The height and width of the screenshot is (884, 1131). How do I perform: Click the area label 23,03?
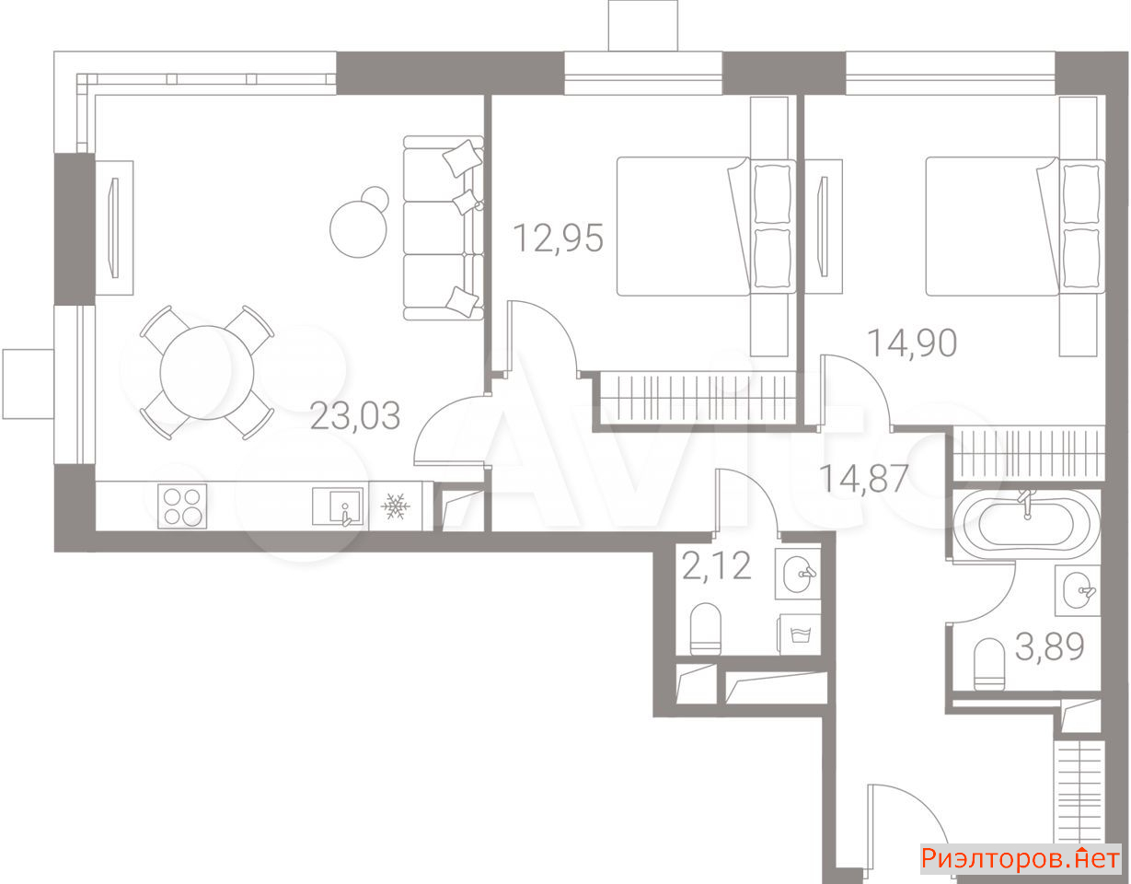pos(355,415)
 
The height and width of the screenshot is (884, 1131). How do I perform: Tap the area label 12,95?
pos(559,238)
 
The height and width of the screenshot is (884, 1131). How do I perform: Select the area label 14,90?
pos(913,343)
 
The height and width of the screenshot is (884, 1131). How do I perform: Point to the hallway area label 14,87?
pos(864,479)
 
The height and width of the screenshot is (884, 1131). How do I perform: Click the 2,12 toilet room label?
pos(717,566)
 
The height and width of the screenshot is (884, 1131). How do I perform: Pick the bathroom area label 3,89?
pos(1050,646)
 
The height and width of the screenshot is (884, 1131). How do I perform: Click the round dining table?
pos(207,373)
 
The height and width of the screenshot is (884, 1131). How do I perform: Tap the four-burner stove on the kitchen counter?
pos(182,506)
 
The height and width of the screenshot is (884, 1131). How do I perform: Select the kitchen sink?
pos(338,506)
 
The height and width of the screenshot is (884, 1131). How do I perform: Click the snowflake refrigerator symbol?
pos(396,506)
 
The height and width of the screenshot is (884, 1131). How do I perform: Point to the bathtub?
pos(1026,525)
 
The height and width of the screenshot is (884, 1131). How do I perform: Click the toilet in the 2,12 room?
pos(705,628)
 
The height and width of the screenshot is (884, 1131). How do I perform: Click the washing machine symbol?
pos(800,634)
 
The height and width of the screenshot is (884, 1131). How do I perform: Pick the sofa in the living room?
pos(444,227)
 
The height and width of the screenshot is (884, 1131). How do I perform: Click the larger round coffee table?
pos(358,229)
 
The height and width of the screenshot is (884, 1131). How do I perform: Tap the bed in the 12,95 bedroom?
pos(706,227)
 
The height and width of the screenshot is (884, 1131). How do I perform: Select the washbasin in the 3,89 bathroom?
pos(1078,590)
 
